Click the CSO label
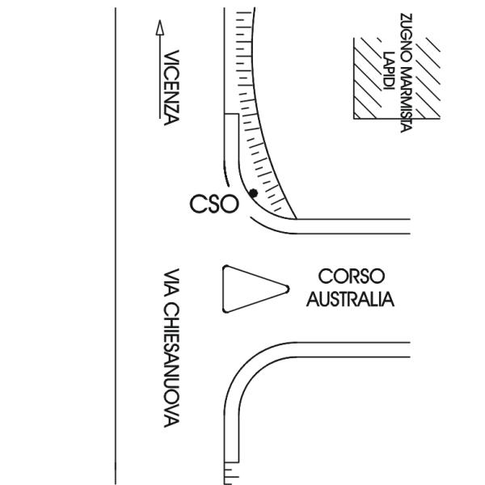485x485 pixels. (x=214, y=204)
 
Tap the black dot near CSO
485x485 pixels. (x=253, y=193)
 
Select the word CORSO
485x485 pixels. (x=352, y=276)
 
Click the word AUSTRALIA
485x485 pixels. (x=350, y=299)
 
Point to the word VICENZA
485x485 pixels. (x=171, y=88)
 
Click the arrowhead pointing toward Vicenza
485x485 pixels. (x=160, y=27)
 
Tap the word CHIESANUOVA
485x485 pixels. (x=171, y=365)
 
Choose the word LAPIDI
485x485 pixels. (x=389, y=71)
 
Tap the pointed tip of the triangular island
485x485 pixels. (x=289, y=289)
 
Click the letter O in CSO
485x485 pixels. (x=230, y=204)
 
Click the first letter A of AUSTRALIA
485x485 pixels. (x=313, y=299)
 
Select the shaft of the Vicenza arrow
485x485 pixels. (x=160, y=77)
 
